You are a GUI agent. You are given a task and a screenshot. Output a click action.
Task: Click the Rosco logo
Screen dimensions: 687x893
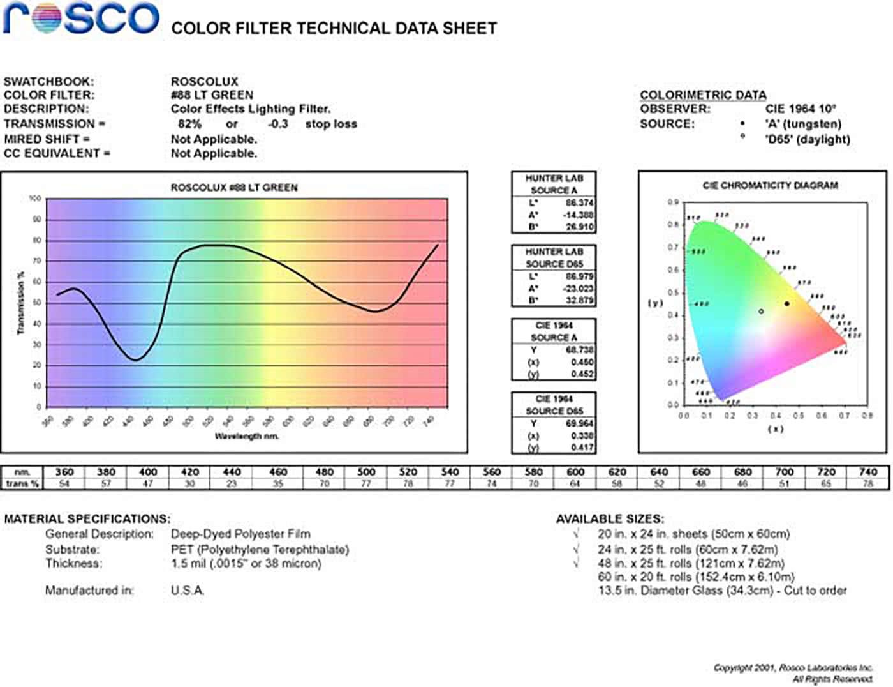81,19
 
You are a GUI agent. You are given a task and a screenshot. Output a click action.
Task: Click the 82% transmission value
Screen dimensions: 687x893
189,124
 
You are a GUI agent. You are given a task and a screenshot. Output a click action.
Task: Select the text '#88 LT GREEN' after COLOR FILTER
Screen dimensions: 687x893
212,95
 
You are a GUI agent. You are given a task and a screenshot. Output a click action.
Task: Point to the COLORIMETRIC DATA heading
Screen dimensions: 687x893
703,95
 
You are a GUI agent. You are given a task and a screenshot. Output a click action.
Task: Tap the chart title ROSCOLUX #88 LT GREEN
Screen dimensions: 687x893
234,188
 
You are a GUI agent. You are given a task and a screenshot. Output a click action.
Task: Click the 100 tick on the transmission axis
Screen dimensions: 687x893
35,199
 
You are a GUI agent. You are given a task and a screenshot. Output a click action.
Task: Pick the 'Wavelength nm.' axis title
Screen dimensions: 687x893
247,436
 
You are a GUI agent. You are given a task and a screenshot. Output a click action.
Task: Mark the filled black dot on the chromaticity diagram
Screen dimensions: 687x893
787,304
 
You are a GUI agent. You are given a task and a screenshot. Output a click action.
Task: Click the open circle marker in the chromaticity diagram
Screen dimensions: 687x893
762,312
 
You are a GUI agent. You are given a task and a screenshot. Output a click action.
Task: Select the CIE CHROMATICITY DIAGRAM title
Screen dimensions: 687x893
770,186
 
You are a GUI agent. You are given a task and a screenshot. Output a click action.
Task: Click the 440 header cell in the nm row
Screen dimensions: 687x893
232,472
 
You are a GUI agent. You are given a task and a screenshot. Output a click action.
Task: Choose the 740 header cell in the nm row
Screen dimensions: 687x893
868,472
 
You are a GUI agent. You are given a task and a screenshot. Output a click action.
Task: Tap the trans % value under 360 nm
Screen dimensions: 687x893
64,484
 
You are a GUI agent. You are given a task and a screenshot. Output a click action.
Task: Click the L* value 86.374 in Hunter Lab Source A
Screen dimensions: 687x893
579,203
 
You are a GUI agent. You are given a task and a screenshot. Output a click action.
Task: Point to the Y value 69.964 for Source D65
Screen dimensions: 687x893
579,423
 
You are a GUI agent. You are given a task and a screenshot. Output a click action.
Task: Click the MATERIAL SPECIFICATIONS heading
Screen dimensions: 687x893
87,519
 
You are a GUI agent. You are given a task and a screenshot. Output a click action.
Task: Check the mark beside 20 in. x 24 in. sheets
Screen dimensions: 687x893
577,534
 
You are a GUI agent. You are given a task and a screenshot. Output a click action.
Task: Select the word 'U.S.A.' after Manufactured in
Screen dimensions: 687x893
188,591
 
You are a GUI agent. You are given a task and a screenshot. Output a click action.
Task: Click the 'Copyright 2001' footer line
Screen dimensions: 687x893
793,668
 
